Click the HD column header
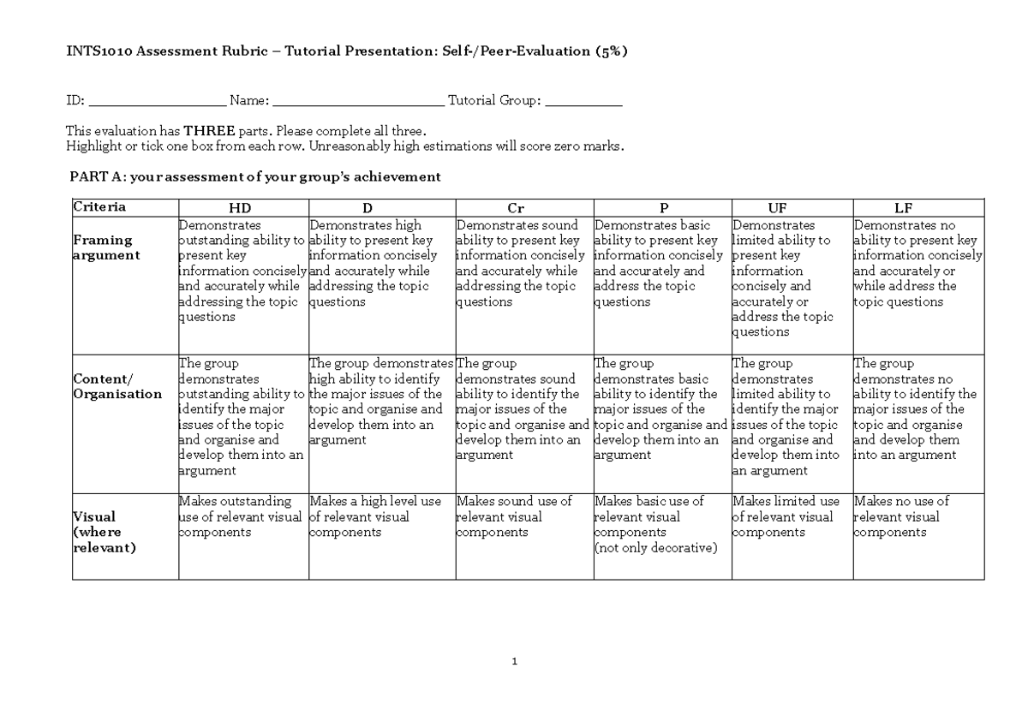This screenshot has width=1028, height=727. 242,208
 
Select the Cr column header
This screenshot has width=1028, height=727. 516,208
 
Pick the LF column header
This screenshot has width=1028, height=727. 903,208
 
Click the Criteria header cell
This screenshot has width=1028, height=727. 99,207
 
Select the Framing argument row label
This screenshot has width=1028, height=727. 106,247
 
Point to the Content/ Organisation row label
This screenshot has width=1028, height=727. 117,386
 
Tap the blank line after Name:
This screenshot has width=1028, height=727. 358,102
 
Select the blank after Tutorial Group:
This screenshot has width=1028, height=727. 583,102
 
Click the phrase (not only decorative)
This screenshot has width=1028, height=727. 655,548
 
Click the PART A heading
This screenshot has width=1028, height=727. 254,177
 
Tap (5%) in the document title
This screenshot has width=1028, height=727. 611,51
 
